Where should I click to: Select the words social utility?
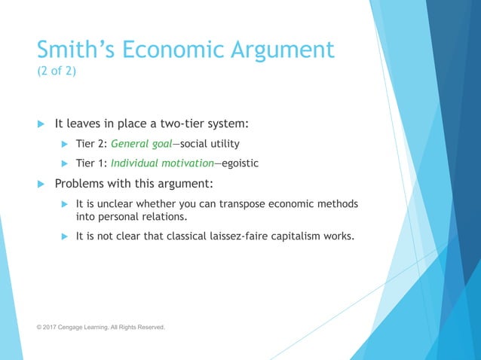point(212,143)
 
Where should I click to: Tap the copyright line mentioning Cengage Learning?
point(101,327)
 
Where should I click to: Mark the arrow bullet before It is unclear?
point(65,204)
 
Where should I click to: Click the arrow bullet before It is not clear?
point(65,236)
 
